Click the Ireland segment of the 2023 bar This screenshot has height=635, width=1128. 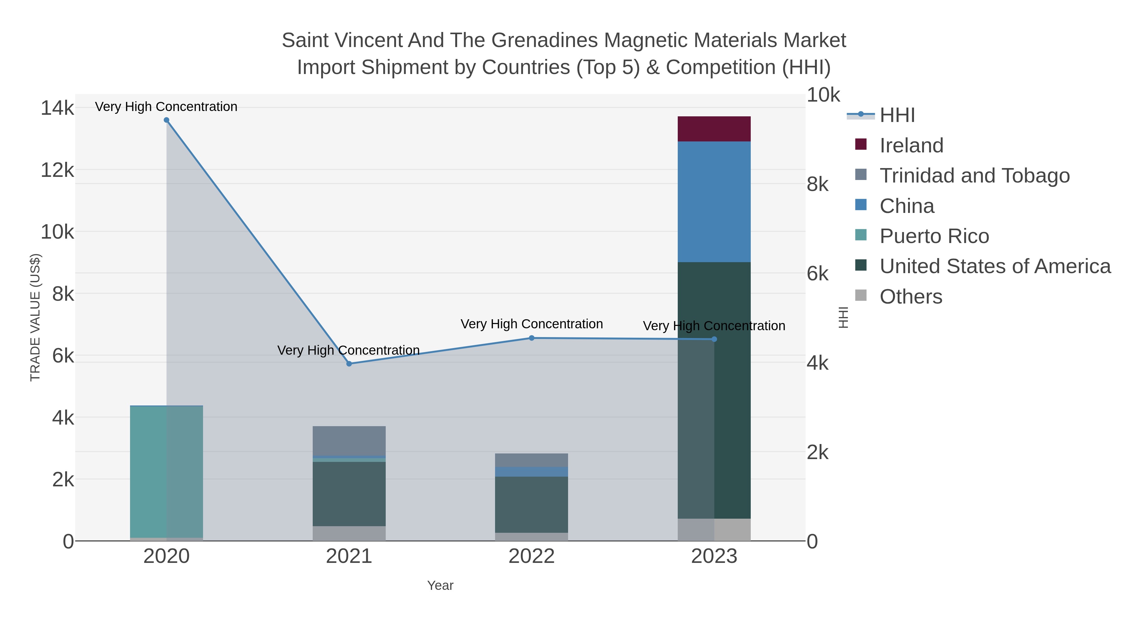pos(714,129)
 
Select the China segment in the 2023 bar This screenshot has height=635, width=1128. pos(714,202)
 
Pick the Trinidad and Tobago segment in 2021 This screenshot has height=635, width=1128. pos(349,441)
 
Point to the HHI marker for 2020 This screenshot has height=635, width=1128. pos(166,120)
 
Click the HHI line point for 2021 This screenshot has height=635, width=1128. pos(349,364)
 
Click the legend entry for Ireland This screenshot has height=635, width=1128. pos(911,145)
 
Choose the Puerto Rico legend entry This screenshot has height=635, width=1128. pos(934,236)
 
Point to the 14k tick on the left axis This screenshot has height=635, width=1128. pos(57,108)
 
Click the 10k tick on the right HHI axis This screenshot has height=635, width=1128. pos(823,95)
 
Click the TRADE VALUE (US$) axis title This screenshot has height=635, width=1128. pos(35,317)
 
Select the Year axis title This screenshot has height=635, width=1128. pos(440,585)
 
